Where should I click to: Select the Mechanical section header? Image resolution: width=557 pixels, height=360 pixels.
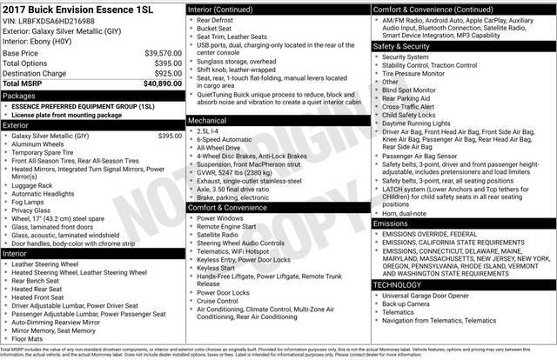point(213,119)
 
